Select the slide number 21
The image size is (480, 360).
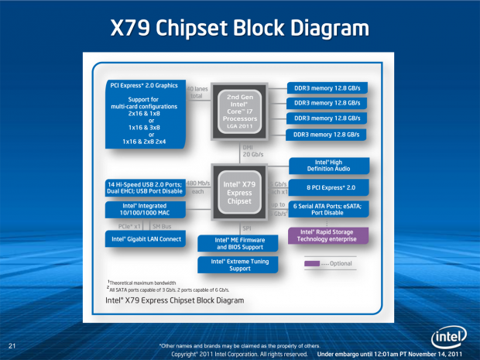12,345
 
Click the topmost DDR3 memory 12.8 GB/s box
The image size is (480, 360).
325,87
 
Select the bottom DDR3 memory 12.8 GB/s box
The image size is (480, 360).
325,135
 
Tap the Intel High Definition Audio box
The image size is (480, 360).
325,165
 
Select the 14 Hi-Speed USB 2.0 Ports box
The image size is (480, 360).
145,187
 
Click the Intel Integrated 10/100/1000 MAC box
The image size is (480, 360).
145,210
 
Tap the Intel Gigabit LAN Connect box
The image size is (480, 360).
145,240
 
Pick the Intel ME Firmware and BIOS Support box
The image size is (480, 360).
240,245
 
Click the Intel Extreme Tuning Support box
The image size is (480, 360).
240,266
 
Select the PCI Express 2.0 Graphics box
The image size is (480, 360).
145,114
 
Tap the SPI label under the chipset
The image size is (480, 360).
246,228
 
